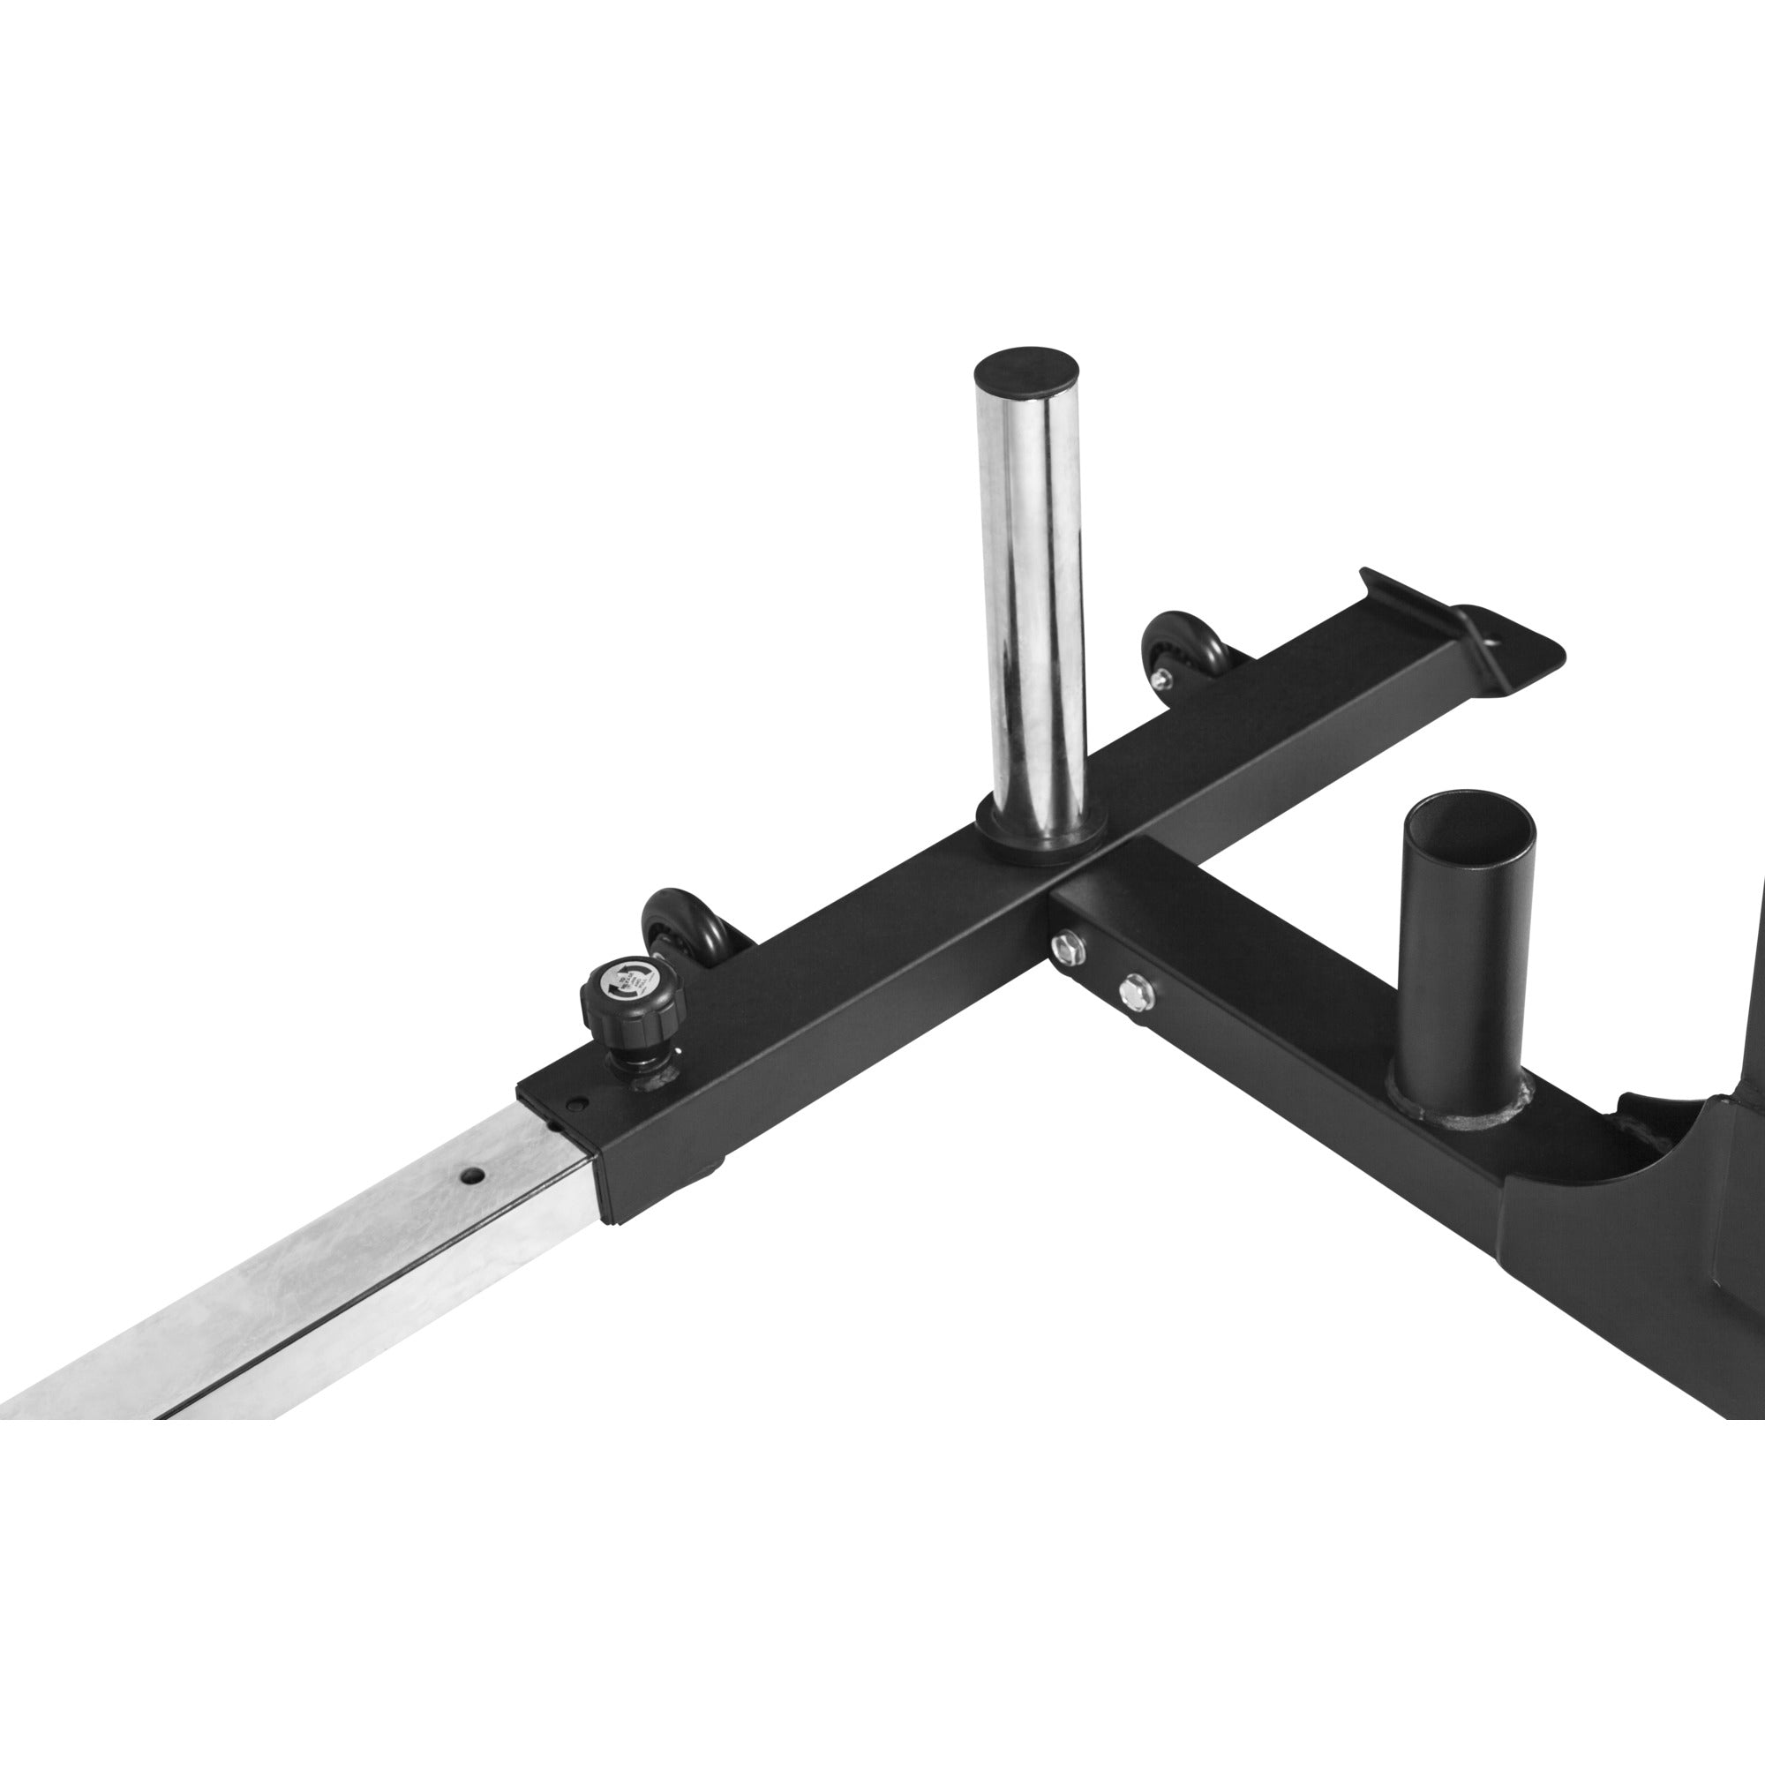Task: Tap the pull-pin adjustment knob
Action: click(633, 995)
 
